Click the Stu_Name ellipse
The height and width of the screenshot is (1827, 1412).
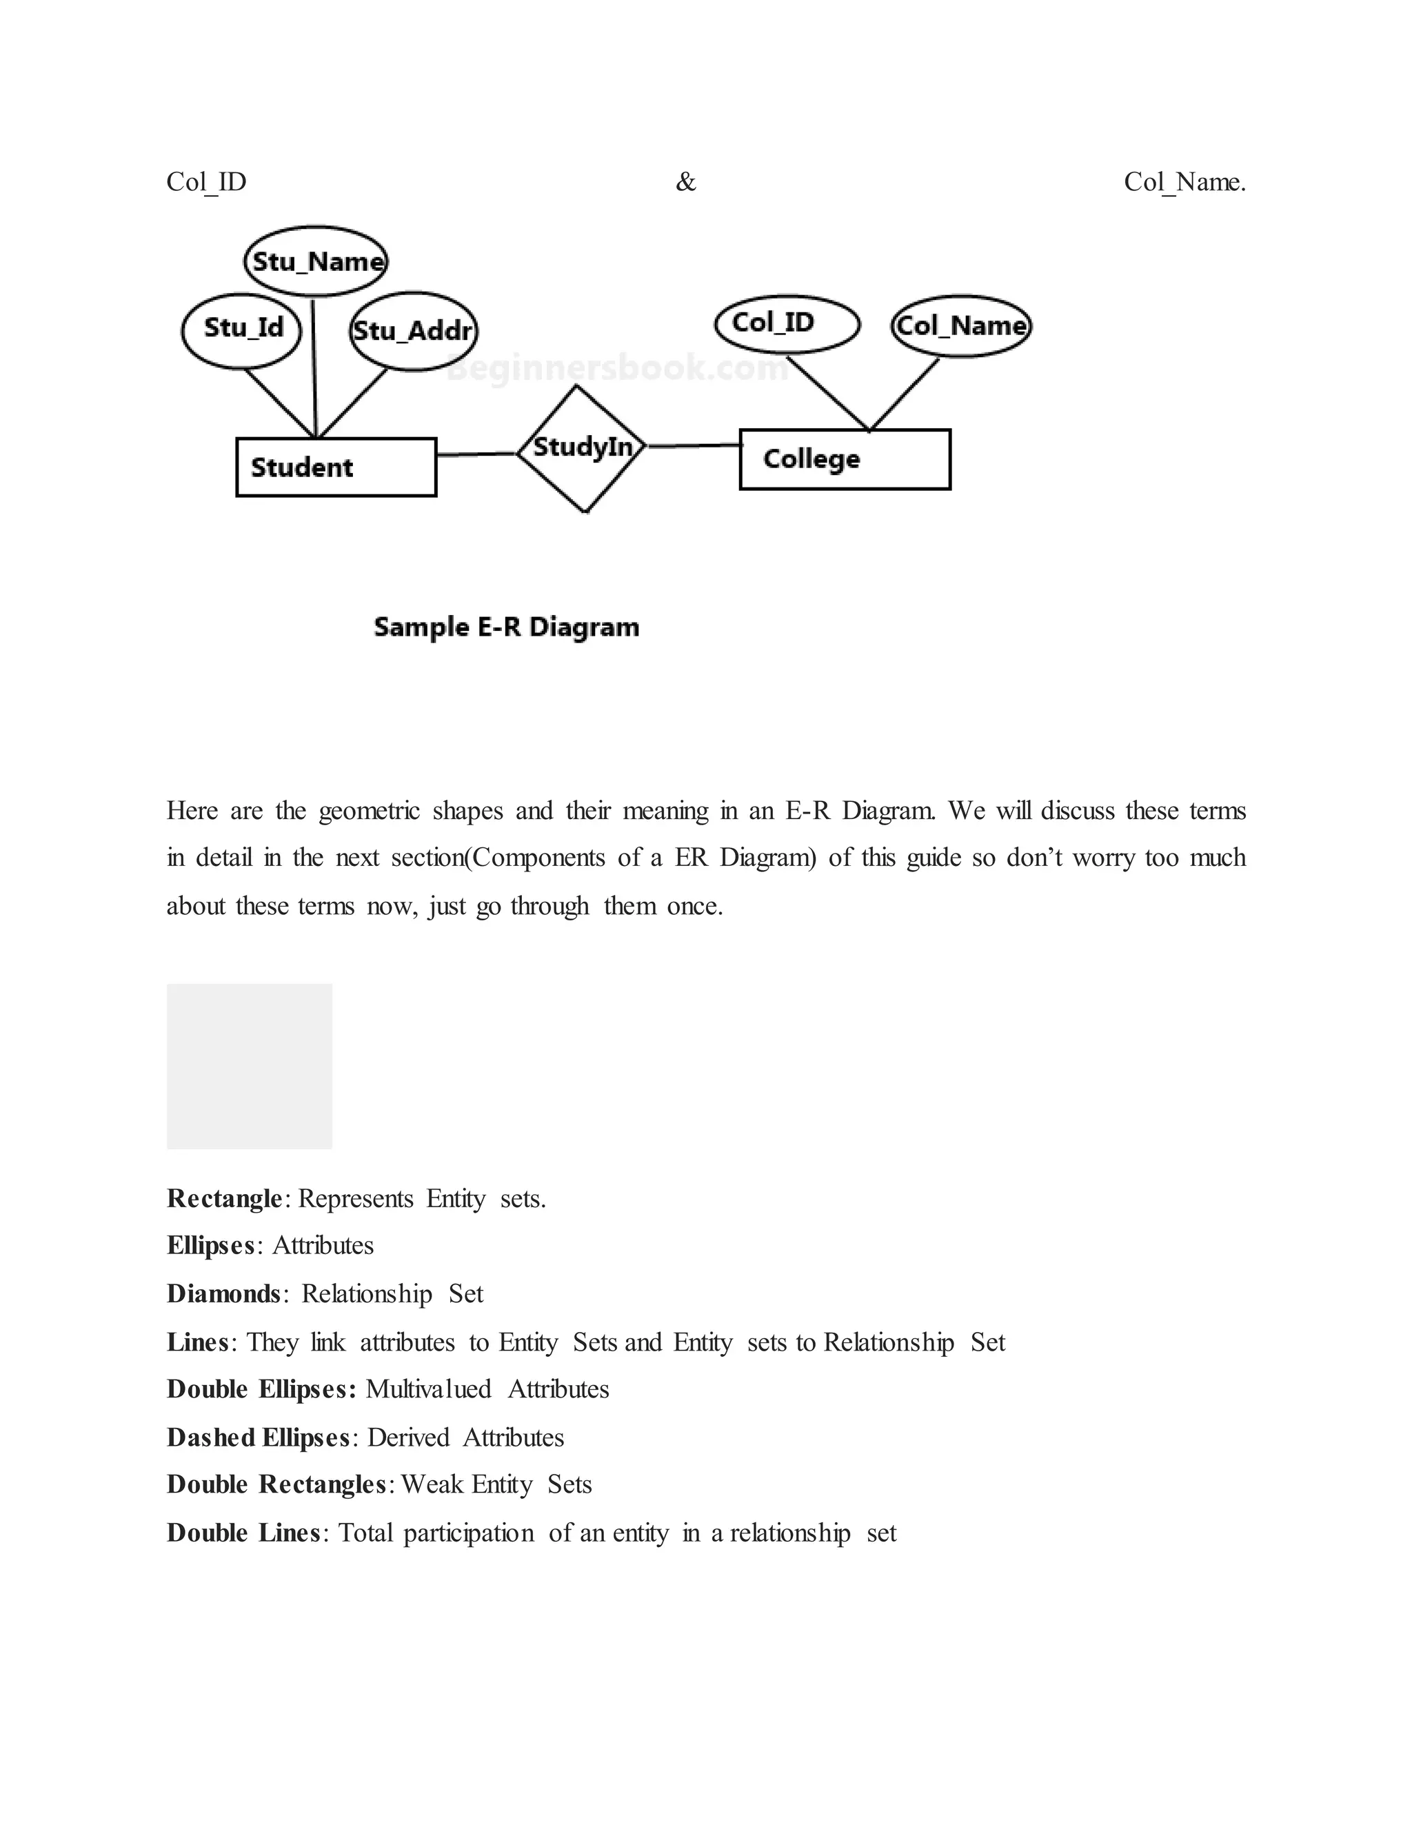click(x=316, y=261)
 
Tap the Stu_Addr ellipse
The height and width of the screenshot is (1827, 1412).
click(x=413, y=331)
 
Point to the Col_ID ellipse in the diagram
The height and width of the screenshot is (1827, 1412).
click(x=787, y=324)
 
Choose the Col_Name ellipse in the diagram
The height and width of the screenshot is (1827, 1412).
click(x=961, y=325)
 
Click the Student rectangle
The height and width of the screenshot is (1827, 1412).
click(x=336, y=467)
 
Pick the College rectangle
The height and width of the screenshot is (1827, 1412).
click(x=845, y=459)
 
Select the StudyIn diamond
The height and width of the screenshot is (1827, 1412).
click(x=582, y=448)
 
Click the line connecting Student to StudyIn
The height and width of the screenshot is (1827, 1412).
click(x=477, y=454)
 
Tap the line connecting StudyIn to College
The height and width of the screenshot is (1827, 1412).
click(x=694, y=446)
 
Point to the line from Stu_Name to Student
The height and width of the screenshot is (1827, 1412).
click(x=314, y=368)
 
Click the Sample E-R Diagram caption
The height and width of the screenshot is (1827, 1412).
click(x=506, y=627)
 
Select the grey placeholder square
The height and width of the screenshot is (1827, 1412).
click(x=250, y=1066)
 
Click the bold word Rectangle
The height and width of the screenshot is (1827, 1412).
click(x=224, y=1199)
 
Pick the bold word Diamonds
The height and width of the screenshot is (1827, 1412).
click(x=223, y=1294)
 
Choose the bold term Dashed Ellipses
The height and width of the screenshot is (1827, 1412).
click(x=258, y=1438)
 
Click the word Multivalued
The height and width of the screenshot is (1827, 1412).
click(x=428, y=1389)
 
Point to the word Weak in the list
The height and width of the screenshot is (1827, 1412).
click(x=432, y=1485)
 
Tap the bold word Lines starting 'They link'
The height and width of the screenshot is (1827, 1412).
click(x=197, y=1342)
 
